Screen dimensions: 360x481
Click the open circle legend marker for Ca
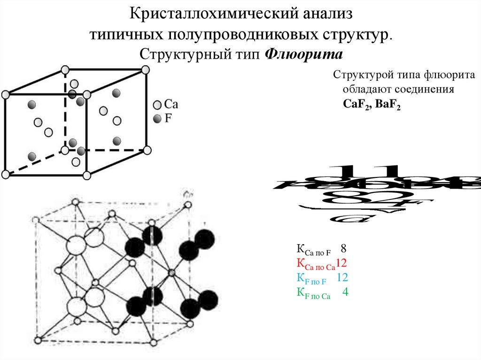coord(157,104)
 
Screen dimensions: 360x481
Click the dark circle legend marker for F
coord(157,118)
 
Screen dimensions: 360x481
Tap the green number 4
coord(345,292)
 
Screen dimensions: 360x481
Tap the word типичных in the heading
coord(124,34)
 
